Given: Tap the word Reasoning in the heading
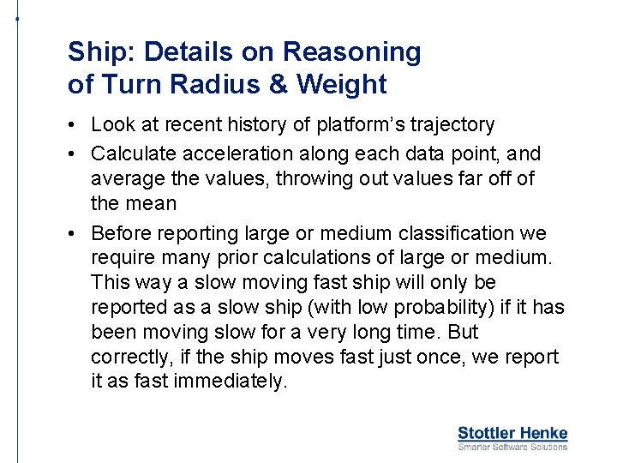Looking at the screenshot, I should pyautogui.click(x=352, y=52).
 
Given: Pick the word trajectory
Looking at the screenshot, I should pyautogui.click(x=451, y=125).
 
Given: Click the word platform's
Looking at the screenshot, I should pyautogui.click(x=354, y=125).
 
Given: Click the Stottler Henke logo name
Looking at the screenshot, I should pyautogui.click(x=512, y=434).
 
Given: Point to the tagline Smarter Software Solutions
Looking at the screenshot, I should pyautogui.click(x=512, y=447).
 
